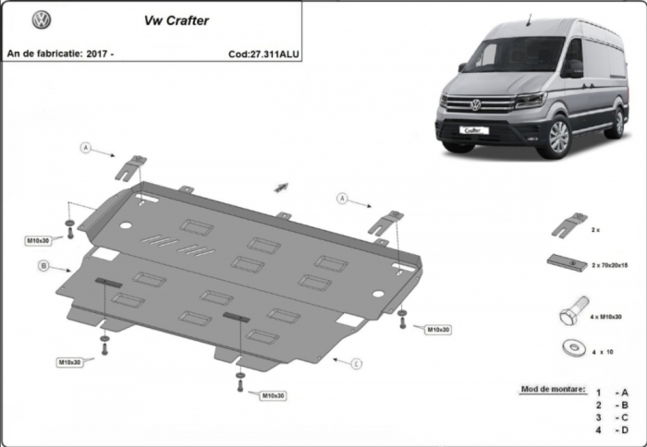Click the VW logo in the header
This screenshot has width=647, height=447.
point(42,19)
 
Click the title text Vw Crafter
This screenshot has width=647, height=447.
point(177,20)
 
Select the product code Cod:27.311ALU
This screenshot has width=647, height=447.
point(263,54)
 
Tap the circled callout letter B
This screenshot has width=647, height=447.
point(43,266)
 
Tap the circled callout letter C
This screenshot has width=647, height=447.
point(357,364)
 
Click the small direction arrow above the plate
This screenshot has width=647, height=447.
point(281,187)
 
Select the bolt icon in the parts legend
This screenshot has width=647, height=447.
point(574,310)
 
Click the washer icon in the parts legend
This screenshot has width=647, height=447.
point(574,347)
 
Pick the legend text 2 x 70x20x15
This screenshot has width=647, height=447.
point(610,265)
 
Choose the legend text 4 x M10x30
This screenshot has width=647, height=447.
point(605,317)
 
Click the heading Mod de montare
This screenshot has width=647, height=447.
point(553,389)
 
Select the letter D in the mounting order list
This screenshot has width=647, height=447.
point(624,430)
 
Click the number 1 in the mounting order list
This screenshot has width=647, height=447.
point(598,393)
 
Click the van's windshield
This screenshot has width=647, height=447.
point(513,54)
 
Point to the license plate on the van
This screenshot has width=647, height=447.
point(474,130)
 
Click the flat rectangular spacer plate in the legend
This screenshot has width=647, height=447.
point(568,262)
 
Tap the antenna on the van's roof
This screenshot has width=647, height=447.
point(529,19)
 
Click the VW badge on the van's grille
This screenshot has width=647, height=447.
point(476,105)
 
